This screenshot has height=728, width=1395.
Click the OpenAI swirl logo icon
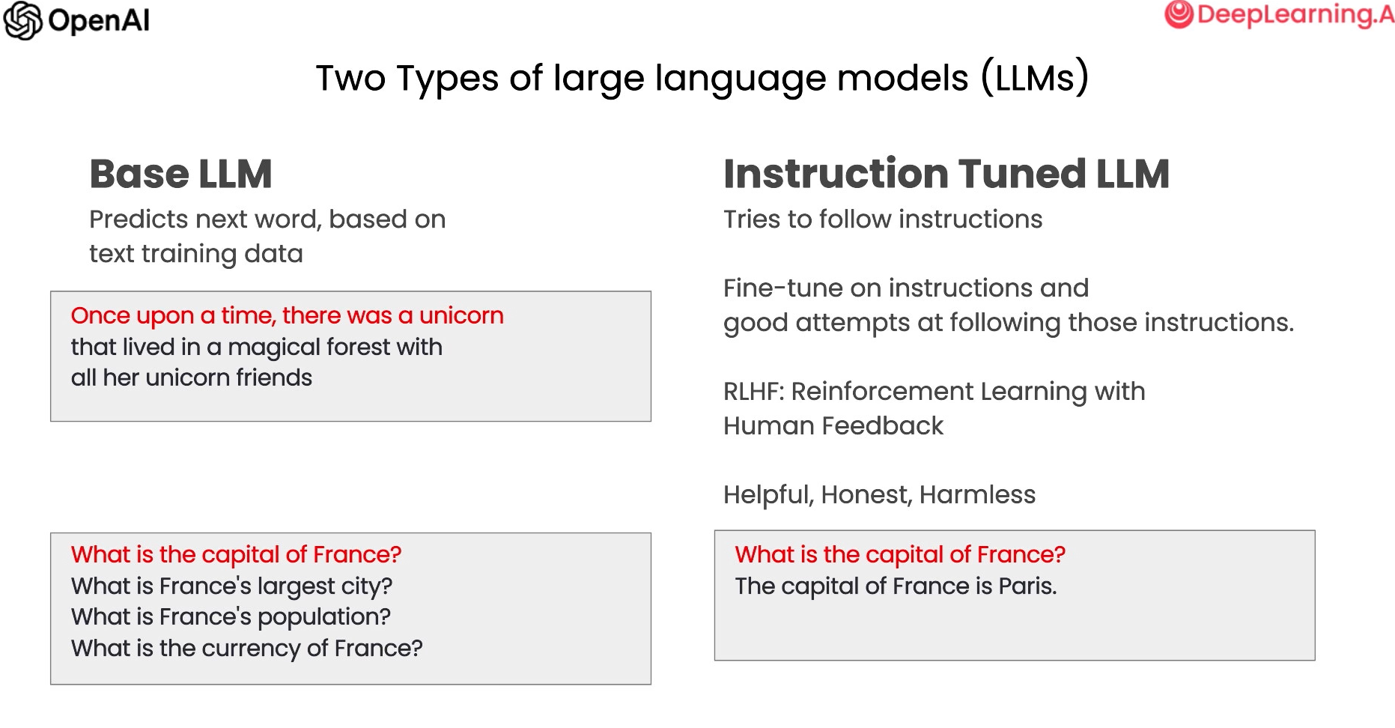[22, 20]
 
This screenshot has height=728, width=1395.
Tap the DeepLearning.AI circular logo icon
[1179, 14]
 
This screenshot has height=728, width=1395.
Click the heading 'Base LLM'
[180, 174]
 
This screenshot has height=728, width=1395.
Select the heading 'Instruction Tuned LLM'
[946, 174]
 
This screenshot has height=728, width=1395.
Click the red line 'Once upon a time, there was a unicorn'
[288, 316]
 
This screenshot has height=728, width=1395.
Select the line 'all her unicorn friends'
[192, 377]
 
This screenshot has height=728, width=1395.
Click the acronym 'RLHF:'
[753, 391]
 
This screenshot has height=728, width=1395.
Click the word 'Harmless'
[977, 494]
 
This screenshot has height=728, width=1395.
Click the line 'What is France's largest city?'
[232, 586]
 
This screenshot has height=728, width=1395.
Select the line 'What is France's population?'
[231, 617]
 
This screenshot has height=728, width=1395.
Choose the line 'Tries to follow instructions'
[883, 219]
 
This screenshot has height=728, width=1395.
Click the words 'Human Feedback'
[833, 425]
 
